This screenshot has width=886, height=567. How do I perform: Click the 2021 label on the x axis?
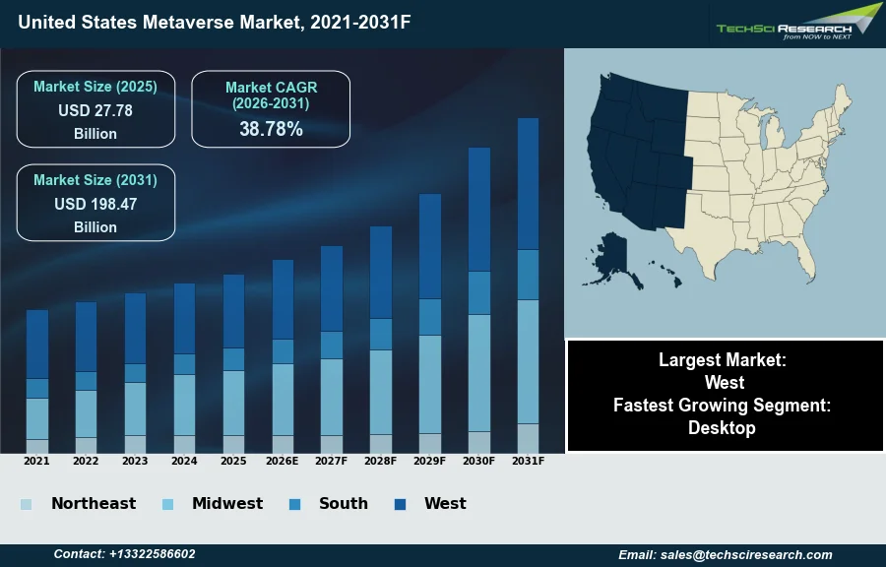[x=36, y=461]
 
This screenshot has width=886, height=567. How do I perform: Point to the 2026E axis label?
[x=283, y=461]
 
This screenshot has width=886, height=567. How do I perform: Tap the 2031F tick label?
[x=528, y=461]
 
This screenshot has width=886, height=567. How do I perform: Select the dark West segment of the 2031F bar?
[x=528, y=183]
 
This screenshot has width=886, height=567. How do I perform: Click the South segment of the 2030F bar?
[x=479, y=292]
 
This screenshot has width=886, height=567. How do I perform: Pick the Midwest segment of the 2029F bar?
[x=430, y=384]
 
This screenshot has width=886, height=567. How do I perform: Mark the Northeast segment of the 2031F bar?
[x=528, y=438]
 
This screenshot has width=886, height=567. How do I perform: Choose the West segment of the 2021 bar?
[x=37, y=344]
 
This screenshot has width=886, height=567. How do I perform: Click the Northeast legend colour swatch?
[x=26, y=505]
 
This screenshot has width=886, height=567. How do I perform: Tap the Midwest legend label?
[x=227, y=504]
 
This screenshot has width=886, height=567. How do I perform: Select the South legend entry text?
[x=343, y=504]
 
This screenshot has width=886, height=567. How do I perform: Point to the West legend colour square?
[x=401, y=505]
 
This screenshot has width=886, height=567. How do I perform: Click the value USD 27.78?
[x=95, y=110]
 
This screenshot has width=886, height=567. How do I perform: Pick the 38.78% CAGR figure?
[x=271, y=129]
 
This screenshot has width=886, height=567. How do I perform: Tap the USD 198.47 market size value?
[x=95, y=205]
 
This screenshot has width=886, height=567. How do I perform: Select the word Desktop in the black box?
[x=723, y=428]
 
